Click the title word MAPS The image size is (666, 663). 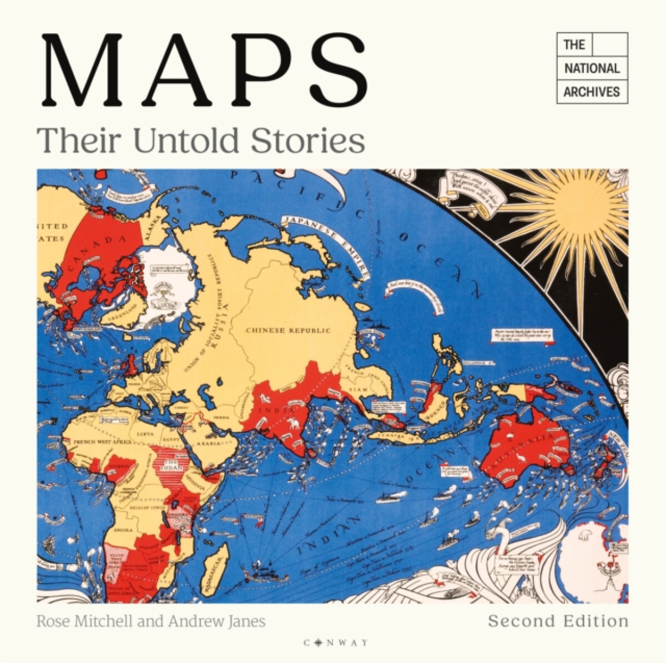coord(204,71)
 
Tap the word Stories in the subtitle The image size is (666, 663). coord(308,140)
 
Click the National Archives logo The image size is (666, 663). coord(592,68)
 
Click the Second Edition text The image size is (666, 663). coord(558,620)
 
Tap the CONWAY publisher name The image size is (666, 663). coord(335,642)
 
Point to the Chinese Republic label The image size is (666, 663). coord(288,330)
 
